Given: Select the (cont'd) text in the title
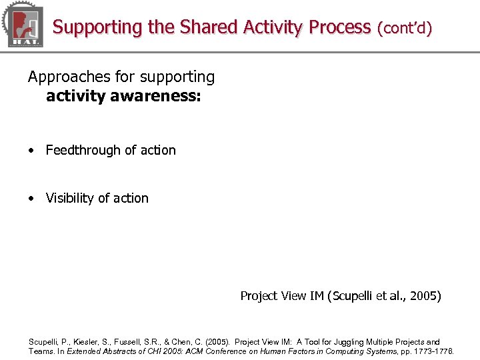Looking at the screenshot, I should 405,28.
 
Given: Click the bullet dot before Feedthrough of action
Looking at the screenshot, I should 31,151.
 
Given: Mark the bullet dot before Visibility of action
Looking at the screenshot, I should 31,199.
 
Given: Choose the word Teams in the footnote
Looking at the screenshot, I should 41,351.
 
